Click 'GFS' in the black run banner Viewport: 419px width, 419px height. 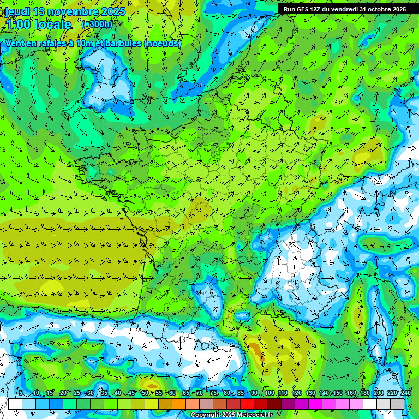pyautogui.click(x=304, y=9)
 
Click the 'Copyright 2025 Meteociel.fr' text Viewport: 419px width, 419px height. pyautogui.click(x=232, y=415)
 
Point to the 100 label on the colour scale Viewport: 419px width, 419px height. pyautogui.click(x=269, y=393)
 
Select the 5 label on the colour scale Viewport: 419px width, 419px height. pyautogui.click(x=21, y=393)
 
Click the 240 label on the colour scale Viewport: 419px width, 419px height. pyautogui.click(x=406, y=393)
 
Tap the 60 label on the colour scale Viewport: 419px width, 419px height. pyautogui.click(x=172, y=393)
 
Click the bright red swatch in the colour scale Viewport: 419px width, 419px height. pyautogui.click(x=247, y=404)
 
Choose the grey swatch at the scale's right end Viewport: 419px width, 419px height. pyautogui.click(x=397, y=404)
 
